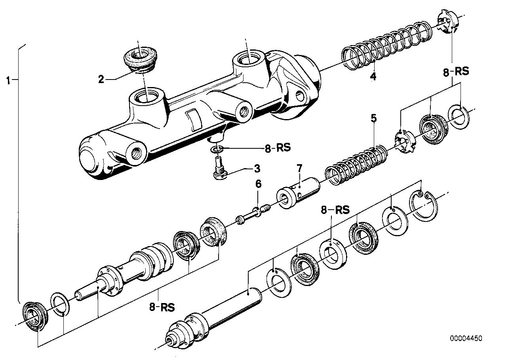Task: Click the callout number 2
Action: (101, 80)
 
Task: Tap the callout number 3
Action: (257, 169)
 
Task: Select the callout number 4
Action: (373, 76)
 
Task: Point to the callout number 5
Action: (374, 118)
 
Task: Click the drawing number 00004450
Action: (466, 339)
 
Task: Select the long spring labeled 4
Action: (380, 47)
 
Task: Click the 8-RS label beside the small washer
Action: (278, 148)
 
